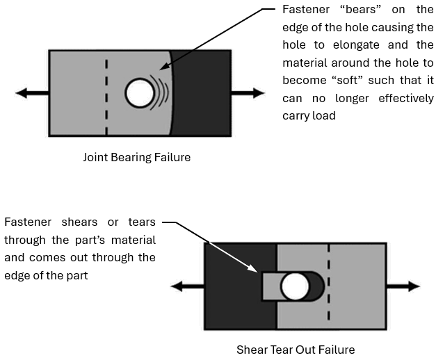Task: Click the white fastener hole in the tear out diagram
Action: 293,286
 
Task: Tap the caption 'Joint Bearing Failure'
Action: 136,157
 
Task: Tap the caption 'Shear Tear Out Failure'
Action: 296,350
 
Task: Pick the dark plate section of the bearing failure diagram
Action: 202,93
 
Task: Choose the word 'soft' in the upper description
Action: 352,81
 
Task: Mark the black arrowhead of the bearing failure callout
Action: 163,69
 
